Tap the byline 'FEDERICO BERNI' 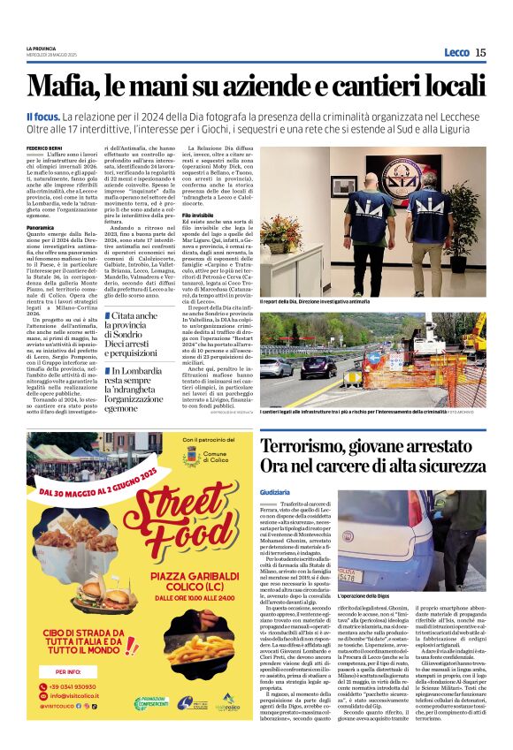point(45,148)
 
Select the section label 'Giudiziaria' point(275,490)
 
